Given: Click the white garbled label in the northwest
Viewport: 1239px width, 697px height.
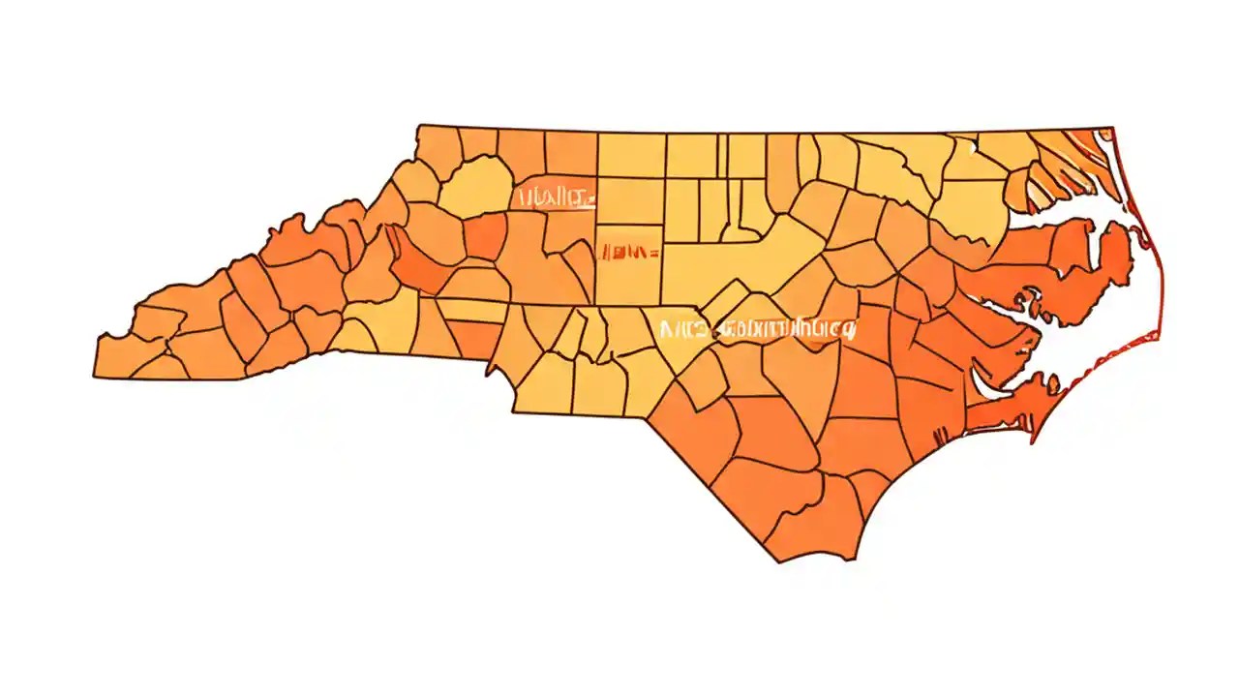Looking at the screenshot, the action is tap(556, 198).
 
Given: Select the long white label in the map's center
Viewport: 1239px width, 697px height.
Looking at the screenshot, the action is tap(757, 330).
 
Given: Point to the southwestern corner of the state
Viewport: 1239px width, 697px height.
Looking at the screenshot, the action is tap(97, 376).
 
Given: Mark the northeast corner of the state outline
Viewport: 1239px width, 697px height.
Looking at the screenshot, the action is tap(1111, 128).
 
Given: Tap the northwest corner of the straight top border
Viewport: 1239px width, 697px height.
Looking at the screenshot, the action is tap(419, 126).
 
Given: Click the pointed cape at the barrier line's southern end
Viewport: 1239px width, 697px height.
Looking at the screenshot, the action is tap(1034, 441).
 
